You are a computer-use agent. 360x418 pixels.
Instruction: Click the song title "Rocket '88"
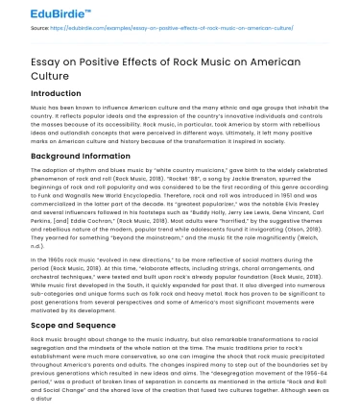click(x=154, y=178)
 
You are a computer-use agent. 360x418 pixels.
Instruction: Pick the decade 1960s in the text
click(x=39, y=247)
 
